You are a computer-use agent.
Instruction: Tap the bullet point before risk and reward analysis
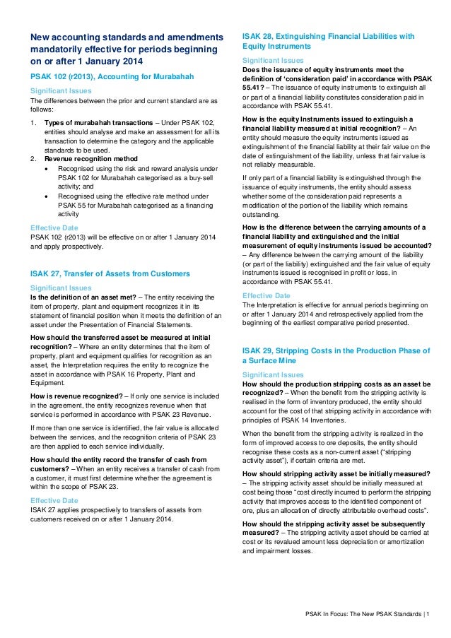coord(47,170)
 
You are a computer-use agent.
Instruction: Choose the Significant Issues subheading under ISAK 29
coord(273,374)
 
